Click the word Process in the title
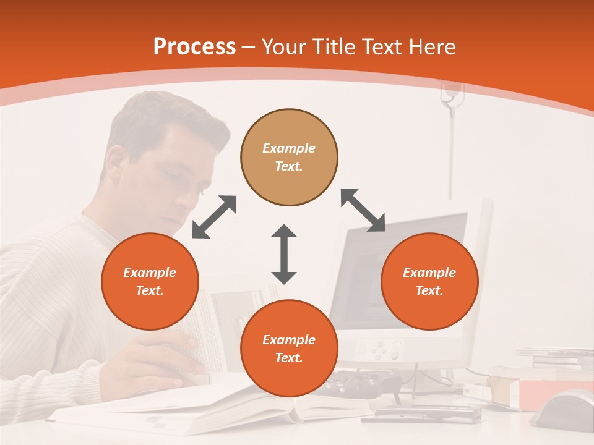194,47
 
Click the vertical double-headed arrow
284,254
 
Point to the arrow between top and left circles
214,217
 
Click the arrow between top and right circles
363,210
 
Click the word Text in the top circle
289,166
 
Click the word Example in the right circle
429,273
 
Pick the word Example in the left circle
150,273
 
